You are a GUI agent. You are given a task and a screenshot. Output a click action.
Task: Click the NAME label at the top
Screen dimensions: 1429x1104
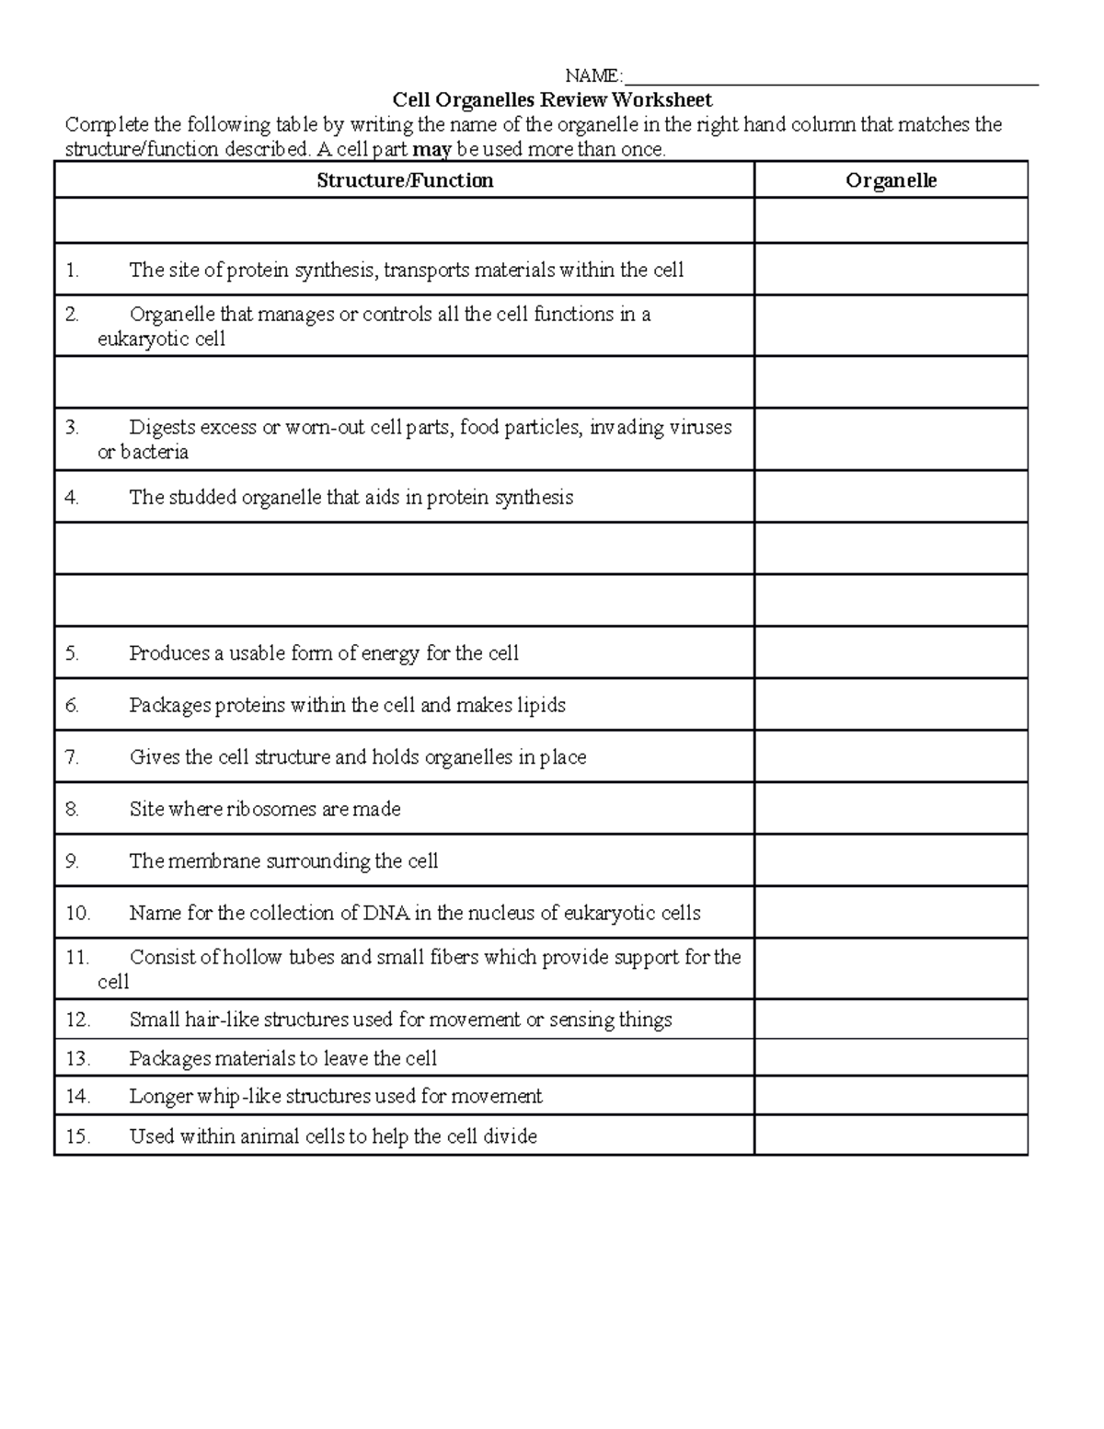[x=592, y=75]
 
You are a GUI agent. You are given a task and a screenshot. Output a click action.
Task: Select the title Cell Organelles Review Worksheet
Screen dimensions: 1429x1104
[x=552, y=99]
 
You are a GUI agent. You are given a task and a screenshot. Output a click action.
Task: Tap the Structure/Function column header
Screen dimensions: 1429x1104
[x=405, y=180]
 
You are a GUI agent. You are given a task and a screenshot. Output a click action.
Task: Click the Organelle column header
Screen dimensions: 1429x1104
[x=891, y=180]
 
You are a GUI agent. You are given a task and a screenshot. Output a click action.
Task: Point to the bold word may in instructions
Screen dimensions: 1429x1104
[x=432, y=149]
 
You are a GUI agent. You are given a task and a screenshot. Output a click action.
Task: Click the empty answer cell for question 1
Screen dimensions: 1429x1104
[x=891, y=270]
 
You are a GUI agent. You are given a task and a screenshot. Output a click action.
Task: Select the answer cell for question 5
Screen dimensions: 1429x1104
[x=891, y=653]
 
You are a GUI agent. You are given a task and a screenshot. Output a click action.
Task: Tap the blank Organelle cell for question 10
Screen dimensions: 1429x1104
[x=891, y=913]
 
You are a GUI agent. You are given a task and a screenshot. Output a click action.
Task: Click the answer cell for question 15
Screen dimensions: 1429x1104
[x=891, y=1135]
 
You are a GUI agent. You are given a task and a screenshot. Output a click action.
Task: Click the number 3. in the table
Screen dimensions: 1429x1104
[x=73, y=427]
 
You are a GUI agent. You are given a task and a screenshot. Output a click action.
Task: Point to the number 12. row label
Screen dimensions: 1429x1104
[x=78, y=1020]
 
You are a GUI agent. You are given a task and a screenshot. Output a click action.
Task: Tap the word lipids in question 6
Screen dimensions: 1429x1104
[x=540, y=706]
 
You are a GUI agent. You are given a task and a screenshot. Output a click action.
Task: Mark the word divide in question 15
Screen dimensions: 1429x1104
[x=510, y=1136]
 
